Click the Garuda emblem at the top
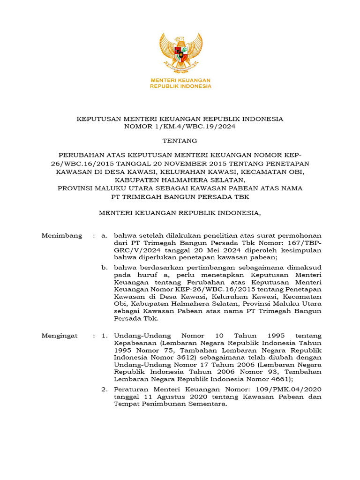coord(180,53)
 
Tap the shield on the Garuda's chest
coord(180,51)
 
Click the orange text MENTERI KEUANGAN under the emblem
coord(180,80)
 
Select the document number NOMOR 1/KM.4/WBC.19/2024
coord(180,127)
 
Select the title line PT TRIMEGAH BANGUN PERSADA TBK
coord(180,197)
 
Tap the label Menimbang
coord(62,235)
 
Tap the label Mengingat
coord(61,336)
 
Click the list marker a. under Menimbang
coord(104,235)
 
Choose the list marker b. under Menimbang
coord(105,268)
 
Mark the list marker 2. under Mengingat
coord(105,390)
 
